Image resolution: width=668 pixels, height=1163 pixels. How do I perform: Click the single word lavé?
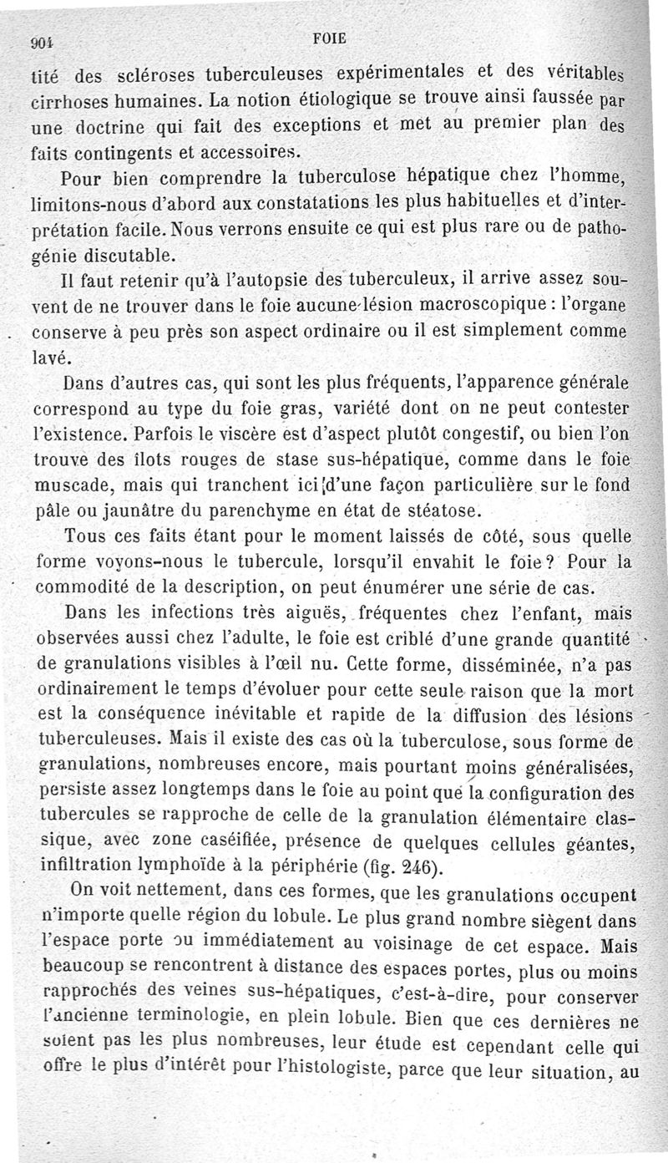click(47, 357)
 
